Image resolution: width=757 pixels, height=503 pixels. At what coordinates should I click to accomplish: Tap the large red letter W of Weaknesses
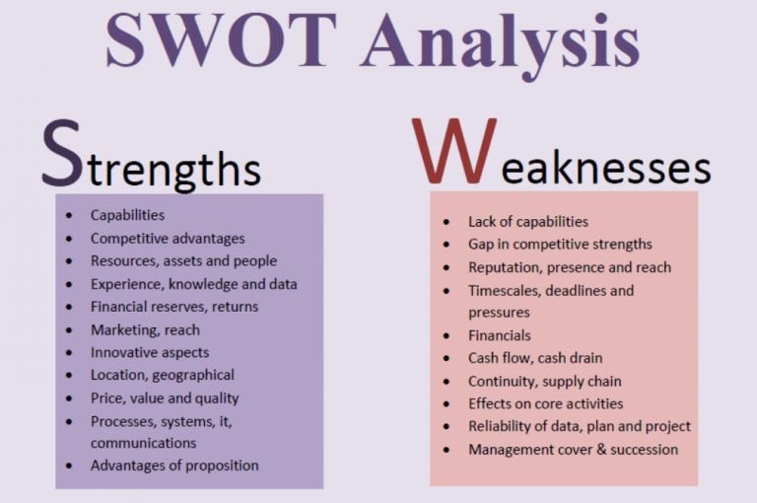pos(446,152)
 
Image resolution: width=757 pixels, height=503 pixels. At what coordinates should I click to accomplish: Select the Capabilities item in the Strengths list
pos(127,215)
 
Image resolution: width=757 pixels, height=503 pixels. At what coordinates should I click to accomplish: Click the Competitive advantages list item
pos(168,238)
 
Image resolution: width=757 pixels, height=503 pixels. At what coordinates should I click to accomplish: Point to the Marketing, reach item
pos(145,329)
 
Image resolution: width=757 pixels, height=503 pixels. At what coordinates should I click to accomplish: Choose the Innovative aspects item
pos(150,352)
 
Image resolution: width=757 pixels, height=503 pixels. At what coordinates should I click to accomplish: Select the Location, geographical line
pos(163,375)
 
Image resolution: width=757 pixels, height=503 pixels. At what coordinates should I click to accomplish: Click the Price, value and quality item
pos(165,398)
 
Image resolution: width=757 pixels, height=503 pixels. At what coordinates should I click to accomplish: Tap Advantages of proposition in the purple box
pos(174,466)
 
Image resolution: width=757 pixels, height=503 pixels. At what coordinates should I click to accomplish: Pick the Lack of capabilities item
pos(528,221)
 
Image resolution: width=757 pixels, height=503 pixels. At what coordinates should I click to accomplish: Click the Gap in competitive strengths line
pos(560,244)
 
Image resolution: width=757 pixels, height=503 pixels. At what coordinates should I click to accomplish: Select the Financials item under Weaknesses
pos(500,335)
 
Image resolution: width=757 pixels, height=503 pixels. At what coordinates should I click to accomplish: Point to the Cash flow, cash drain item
pos(535,358)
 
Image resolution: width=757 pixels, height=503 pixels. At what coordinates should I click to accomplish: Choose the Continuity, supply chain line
pos(545,381)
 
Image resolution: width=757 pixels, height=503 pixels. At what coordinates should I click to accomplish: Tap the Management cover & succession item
pos(574,450)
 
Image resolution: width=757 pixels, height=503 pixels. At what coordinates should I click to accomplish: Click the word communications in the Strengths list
pos(144,443)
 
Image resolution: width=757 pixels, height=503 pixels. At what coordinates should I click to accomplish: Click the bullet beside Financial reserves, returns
pos(68,308)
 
